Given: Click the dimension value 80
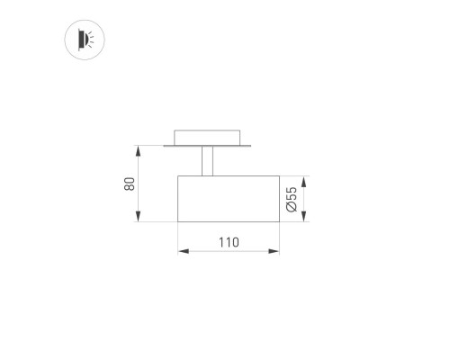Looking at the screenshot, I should pos(130,183).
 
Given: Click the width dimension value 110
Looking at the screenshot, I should pos(228,242).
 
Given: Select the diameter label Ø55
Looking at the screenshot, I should pos(292,198).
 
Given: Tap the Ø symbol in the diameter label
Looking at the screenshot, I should pos(292,207).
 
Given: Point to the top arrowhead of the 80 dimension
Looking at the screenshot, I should pos(138,148).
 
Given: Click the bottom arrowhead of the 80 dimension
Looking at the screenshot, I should pos(138,219).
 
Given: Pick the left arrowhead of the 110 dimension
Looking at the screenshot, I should pos(181,251).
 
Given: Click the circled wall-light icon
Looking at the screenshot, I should pos(85,39).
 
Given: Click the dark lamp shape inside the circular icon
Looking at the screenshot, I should pos(82,39).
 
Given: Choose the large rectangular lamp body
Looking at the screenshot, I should pos(228,198).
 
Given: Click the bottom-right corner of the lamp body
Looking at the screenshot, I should pos(279,221).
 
